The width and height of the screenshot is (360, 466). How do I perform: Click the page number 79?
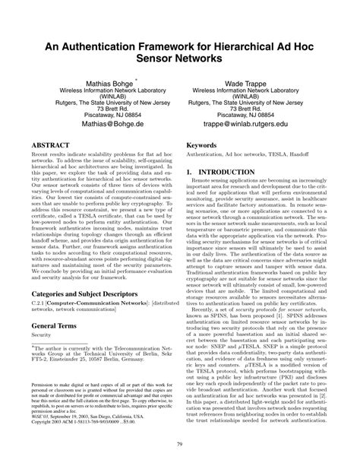click(x=180, y=445)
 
